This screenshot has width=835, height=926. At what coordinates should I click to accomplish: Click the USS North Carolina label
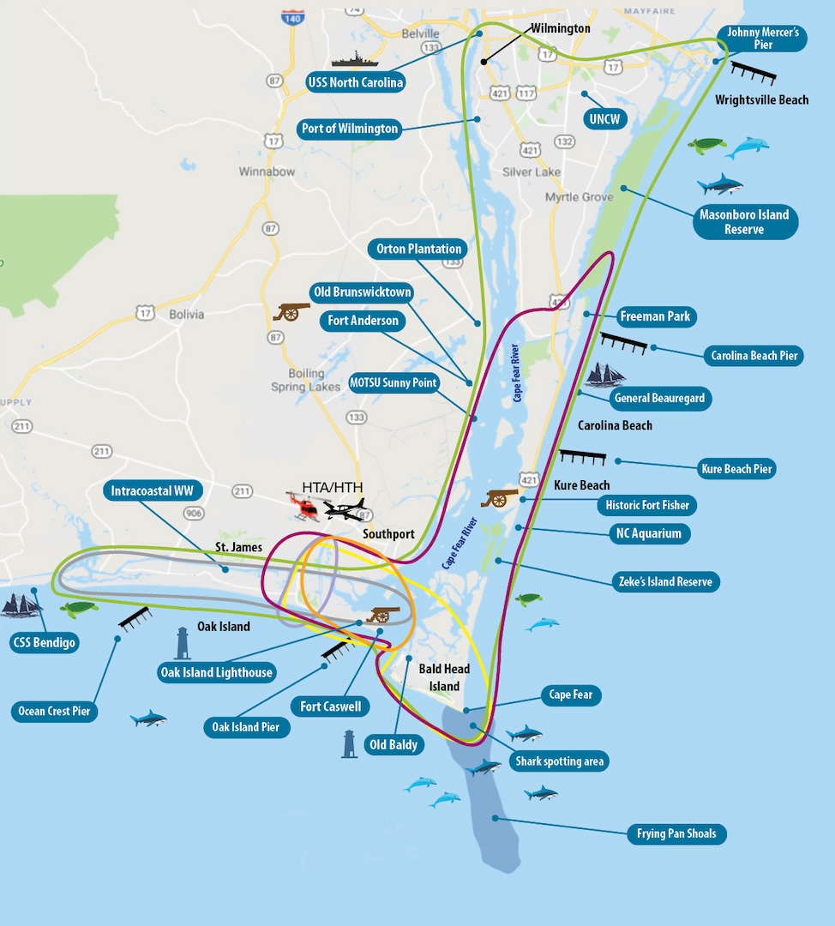[x=355, y=83]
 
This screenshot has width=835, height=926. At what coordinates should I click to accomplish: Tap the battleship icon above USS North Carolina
[x=354, y=59]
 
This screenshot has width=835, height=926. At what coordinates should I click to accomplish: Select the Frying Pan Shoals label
[x=676, y=833]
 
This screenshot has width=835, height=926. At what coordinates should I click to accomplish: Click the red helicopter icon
[x=303, y=507]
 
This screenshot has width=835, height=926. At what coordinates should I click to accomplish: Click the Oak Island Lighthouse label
[x=216, y=672]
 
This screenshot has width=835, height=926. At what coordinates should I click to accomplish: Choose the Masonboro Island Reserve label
[x=743, y=221]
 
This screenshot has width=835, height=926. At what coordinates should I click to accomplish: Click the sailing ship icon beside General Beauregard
[x=605, y=375]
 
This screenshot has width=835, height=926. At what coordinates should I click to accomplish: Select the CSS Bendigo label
[x=45, y=642]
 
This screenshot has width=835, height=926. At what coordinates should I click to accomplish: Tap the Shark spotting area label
[x=559, y=761]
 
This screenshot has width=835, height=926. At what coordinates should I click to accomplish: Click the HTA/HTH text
[x=332, y=487]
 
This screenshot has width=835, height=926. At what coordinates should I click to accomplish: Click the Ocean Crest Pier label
[x=54, y=711]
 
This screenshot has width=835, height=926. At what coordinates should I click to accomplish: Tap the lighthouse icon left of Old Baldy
[x=349, y=743]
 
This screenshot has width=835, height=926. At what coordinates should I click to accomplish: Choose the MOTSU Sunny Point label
[x=393, y=382]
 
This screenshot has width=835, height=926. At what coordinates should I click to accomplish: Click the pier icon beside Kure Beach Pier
[x=583, y=457]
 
